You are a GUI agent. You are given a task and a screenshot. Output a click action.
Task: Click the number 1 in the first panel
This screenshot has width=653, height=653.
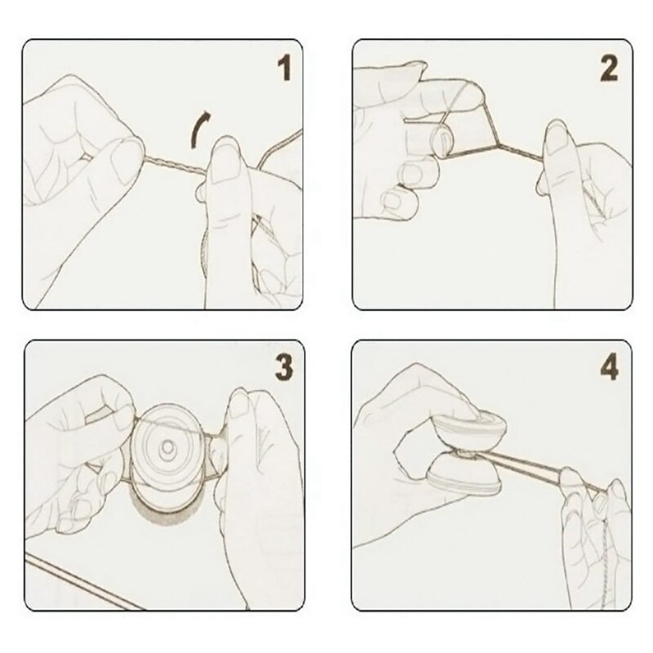coord(284,69)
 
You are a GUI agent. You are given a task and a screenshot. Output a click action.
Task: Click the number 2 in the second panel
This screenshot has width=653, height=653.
coord(608,69)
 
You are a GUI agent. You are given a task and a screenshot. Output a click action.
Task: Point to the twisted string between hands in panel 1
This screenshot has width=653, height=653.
coord(175,166)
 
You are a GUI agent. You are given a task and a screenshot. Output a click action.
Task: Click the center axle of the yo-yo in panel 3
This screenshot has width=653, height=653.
coord(168,447)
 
